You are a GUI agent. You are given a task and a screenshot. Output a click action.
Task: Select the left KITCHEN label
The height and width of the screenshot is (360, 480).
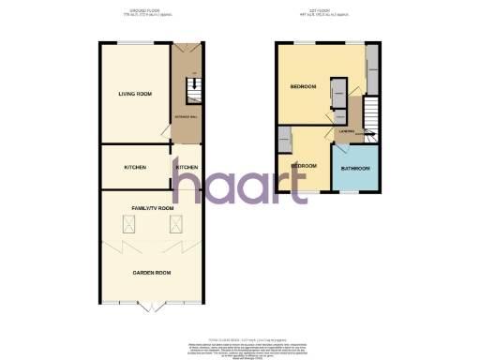[x=135, y=167]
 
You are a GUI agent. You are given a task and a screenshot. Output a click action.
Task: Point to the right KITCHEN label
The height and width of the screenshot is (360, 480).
[x=186, y=167]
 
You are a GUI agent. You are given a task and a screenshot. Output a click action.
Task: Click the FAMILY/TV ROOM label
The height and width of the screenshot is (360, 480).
[x=153, y=207]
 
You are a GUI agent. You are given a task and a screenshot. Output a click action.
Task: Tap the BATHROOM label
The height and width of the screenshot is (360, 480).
[x=355, y=169]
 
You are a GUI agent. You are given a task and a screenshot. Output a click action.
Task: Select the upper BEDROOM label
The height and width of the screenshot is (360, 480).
[x=303, y=87]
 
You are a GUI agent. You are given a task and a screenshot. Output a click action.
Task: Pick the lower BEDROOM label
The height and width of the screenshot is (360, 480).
[x=303, y=165]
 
